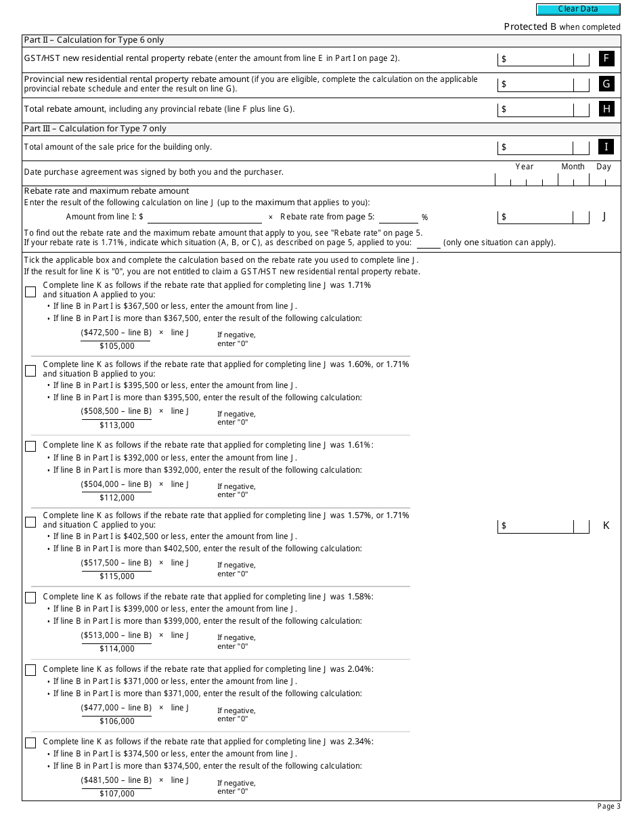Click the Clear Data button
(x=578, y=9)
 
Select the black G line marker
(x=606, y=84)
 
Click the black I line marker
(x=606, y=147)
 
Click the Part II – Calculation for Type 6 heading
(x=94, y=41)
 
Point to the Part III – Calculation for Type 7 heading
(x=95, y=129)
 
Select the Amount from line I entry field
(x=204, y=217)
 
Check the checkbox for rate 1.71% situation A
(x=30, y=292)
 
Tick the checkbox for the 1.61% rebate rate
(x=30, y=446)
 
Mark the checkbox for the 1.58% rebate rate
(x=30, y=598)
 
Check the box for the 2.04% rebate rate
(x=30, y=670)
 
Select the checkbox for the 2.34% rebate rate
(x=30, y=743)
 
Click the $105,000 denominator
(x=117, y=346)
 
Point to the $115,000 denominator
(x=117, y=576)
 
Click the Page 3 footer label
(x=608, y=806)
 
